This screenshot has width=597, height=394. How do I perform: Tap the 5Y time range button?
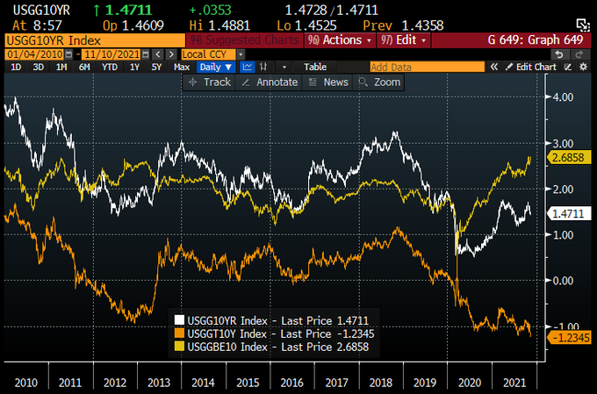(156, 67)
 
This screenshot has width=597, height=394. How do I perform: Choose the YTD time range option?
(110, 67)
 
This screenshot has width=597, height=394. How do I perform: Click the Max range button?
(182, 67)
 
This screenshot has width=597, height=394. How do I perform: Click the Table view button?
(315, 67)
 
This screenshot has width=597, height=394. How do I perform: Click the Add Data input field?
(426, 67)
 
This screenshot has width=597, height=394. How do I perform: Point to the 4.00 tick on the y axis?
(564, 97)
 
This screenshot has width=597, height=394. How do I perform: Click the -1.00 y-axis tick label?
(563, 326)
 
